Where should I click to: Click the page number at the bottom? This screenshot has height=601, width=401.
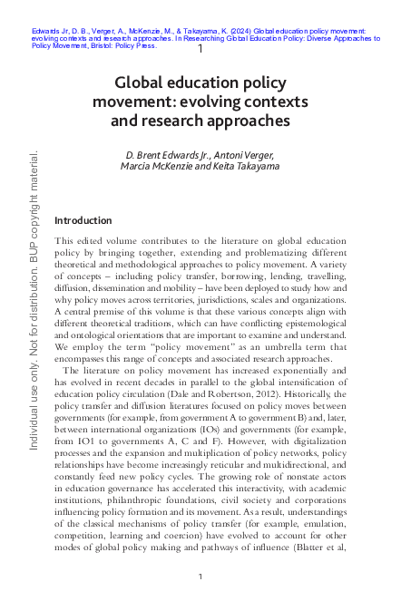pyautogui.click(x=200, y=577)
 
